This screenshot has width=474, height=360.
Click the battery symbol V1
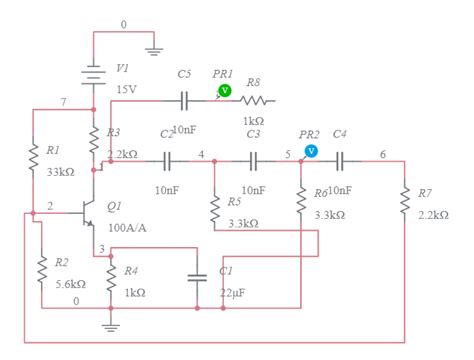(93, 76)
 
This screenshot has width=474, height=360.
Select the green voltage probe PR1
(224, 89)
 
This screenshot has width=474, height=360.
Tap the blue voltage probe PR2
(311, 150)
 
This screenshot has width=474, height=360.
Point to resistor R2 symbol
(42, 270)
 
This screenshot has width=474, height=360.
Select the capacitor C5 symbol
(184, 100)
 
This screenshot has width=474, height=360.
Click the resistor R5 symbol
(214, 211)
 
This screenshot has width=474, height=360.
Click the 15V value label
(127, 89)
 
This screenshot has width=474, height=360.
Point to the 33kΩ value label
(61, 172)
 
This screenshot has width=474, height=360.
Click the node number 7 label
(63, 102)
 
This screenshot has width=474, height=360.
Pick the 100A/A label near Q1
(128, 227)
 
